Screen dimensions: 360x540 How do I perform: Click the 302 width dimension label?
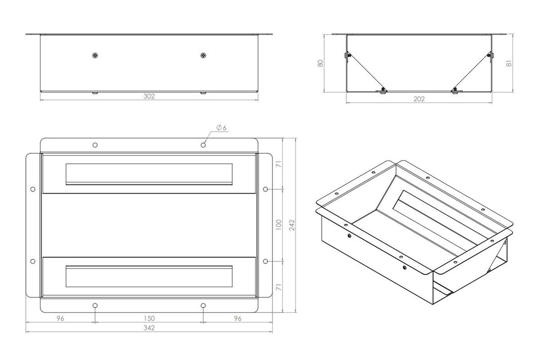pyautogui.click(x=149, y=97)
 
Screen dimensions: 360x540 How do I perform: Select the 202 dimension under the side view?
pyautogui.click(x=419, y=99)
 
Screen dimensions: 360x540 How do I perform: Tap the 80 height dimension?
pyautogui.click(x=320, y=63)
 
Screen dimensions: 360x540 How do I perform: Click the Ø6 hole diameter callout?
pyautogui.click(x=221, y=128)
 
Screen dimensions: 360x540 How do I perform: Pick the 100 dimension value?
pyautogui.click(x=279, y=224)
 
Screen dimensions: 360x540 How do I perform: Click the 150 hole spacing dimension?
pyautogui.click(x=149, y=318)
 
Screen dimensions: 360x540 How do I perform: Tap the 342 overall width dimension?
pyautogui.click(x=149, y=328)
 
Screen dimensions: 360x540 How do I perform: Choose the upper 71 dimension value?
pyautogui.click(x=279, y=165)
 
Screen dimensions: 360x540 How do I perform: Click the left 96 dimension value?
pyautogui.click(x=60, y=318)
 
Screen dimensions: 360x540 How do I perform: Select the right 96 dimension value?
pyautogui.click(x=238, y=318)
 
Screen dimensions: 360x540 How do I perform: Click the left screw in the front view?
pyautogui.click(x=95, y=55)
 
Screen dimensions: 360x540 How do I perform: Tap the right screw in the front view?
pyautogui.click(x=203, y=55)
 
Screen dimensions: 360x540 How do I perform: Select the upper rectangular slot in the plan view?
pyautogui.click(x=149, y=173)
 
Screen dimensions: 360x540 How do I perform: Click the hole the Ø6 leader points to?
pyautogui.click(x=203, y=145)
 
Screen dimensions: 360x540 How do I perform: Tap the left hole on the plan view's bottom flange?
pyautogui.click(x=95, y=305)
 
